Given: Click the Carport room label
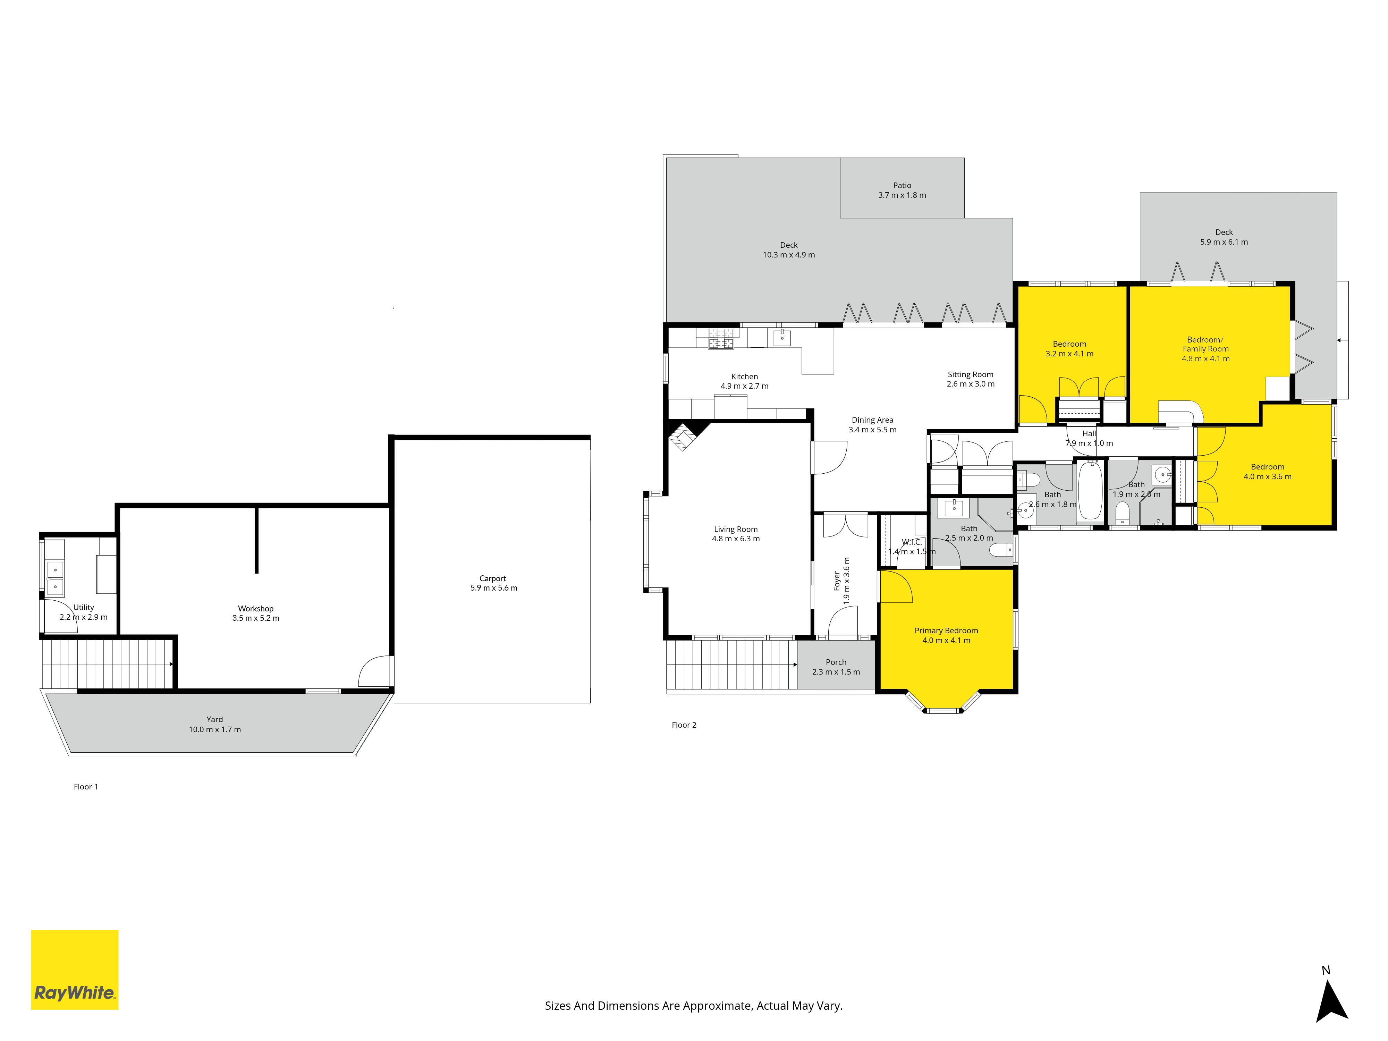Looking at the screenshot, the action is (493, 578).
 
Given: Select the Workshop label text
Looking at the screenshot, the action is (255, 609).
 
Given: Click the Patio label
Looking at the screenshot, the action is (902, 185).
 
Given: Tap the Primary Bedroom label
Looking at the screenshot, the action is (946, 630).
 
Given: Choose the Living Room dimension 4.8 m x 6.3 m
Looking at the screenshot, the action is (735, 539).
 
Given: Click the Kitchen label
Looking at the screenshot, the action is (744, 376).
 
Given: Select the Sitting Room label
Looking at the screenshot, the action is (971, 375).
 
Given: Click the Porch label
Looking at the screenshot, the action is (836, 662).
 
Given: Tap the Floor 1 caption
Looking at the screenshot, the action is (86, 787).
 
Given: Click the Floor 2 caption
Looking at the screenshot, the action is (684, 725).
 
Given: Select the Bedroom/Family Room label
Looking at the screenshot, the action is (1205, 345).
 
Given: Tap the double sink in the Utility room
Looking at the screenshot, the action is (54, 578).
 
